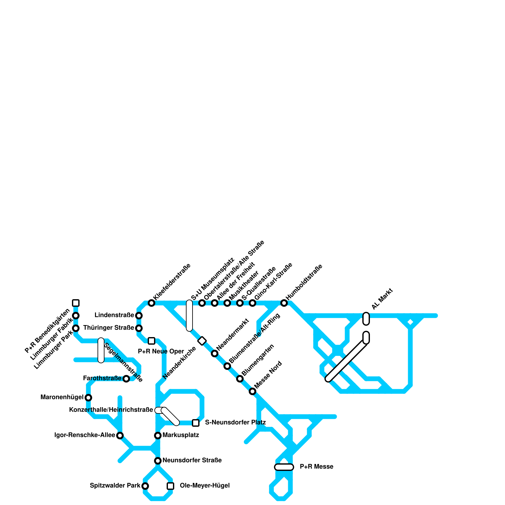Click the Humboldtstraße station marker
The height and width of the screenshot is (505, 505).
(x=284, y=303)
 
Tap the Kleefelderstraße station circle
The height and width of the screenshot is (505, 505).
(x=151, y=303)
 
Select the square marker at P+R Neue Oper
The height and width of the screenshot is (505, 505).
(x=151, y=341)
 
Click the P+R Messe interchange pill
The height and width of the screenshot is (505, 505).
(x=284, y=467)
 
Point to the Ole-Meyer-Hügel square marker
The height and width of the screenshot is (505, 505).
(x=170, y=486)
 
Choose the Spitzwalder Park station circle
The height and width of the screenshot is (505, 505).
(x=145, y=486)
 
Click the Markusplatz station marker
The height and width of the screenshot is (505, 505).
(x=158, y=436)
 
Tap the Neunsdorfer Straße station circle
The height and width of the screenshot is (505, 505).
(x=158, y=461)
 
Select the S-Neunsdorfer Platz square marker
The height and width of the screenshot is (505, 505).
(x=196, y=423)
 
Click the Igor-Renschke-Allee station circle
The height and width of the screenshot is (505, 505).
(x=120, y=436)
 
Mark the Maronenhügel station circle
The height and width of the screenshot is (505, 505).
(x=88, y=398)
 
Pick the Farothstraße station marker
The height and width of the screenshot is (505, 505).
(x=126, y=379)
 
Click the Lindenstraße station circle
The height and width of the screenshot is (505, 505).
(x=139, y=316)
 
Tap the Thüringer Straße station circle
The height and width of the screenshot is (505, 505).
(x=139, y=328)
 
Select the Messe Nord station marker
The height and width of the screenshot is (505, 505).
(x=252, y=391)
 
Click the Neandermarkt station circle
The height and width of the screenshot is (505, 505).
(x=215, y=353)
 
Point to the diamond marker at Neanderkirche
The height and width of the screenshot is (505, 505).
(x=202, y=341)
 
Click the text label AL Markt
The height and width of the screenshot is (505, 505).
(x=382, y=299)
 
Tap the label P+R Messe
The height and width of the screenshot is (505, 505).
(x=316, y=467)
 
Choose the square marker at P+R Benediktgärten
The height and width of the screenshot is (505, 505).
(x=76, y=303)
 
